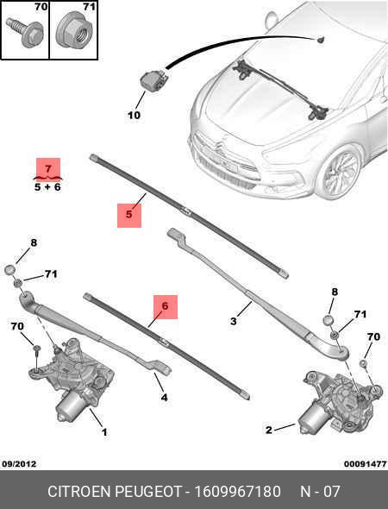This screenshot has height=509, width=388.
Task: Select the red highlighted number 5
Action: (x=128, y=214)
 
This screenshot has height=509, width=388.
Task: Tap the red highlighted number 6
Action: (x=166, y=306)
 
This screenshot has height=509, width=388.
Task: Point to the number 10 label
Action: (x=134, y=114)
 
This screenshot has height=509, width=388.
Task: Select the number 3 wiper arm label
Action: (x=234, y=322)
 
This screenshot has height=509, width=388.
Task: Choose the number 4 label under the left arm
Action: (x=164, y=398)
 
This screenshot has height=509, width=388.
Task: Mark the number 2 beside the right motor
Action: (x=268, y=430)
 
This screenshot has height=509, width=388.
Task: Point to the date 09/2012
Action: (x=20, y=464)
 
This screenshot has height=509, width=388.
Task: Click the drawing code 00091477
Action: (x=365, y=464)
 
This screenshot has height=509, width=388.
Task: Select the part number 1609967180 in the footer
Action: (x=236, y=492)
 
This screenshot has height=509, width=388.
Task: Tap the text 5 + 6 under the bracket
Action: (x=48, y=185)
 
